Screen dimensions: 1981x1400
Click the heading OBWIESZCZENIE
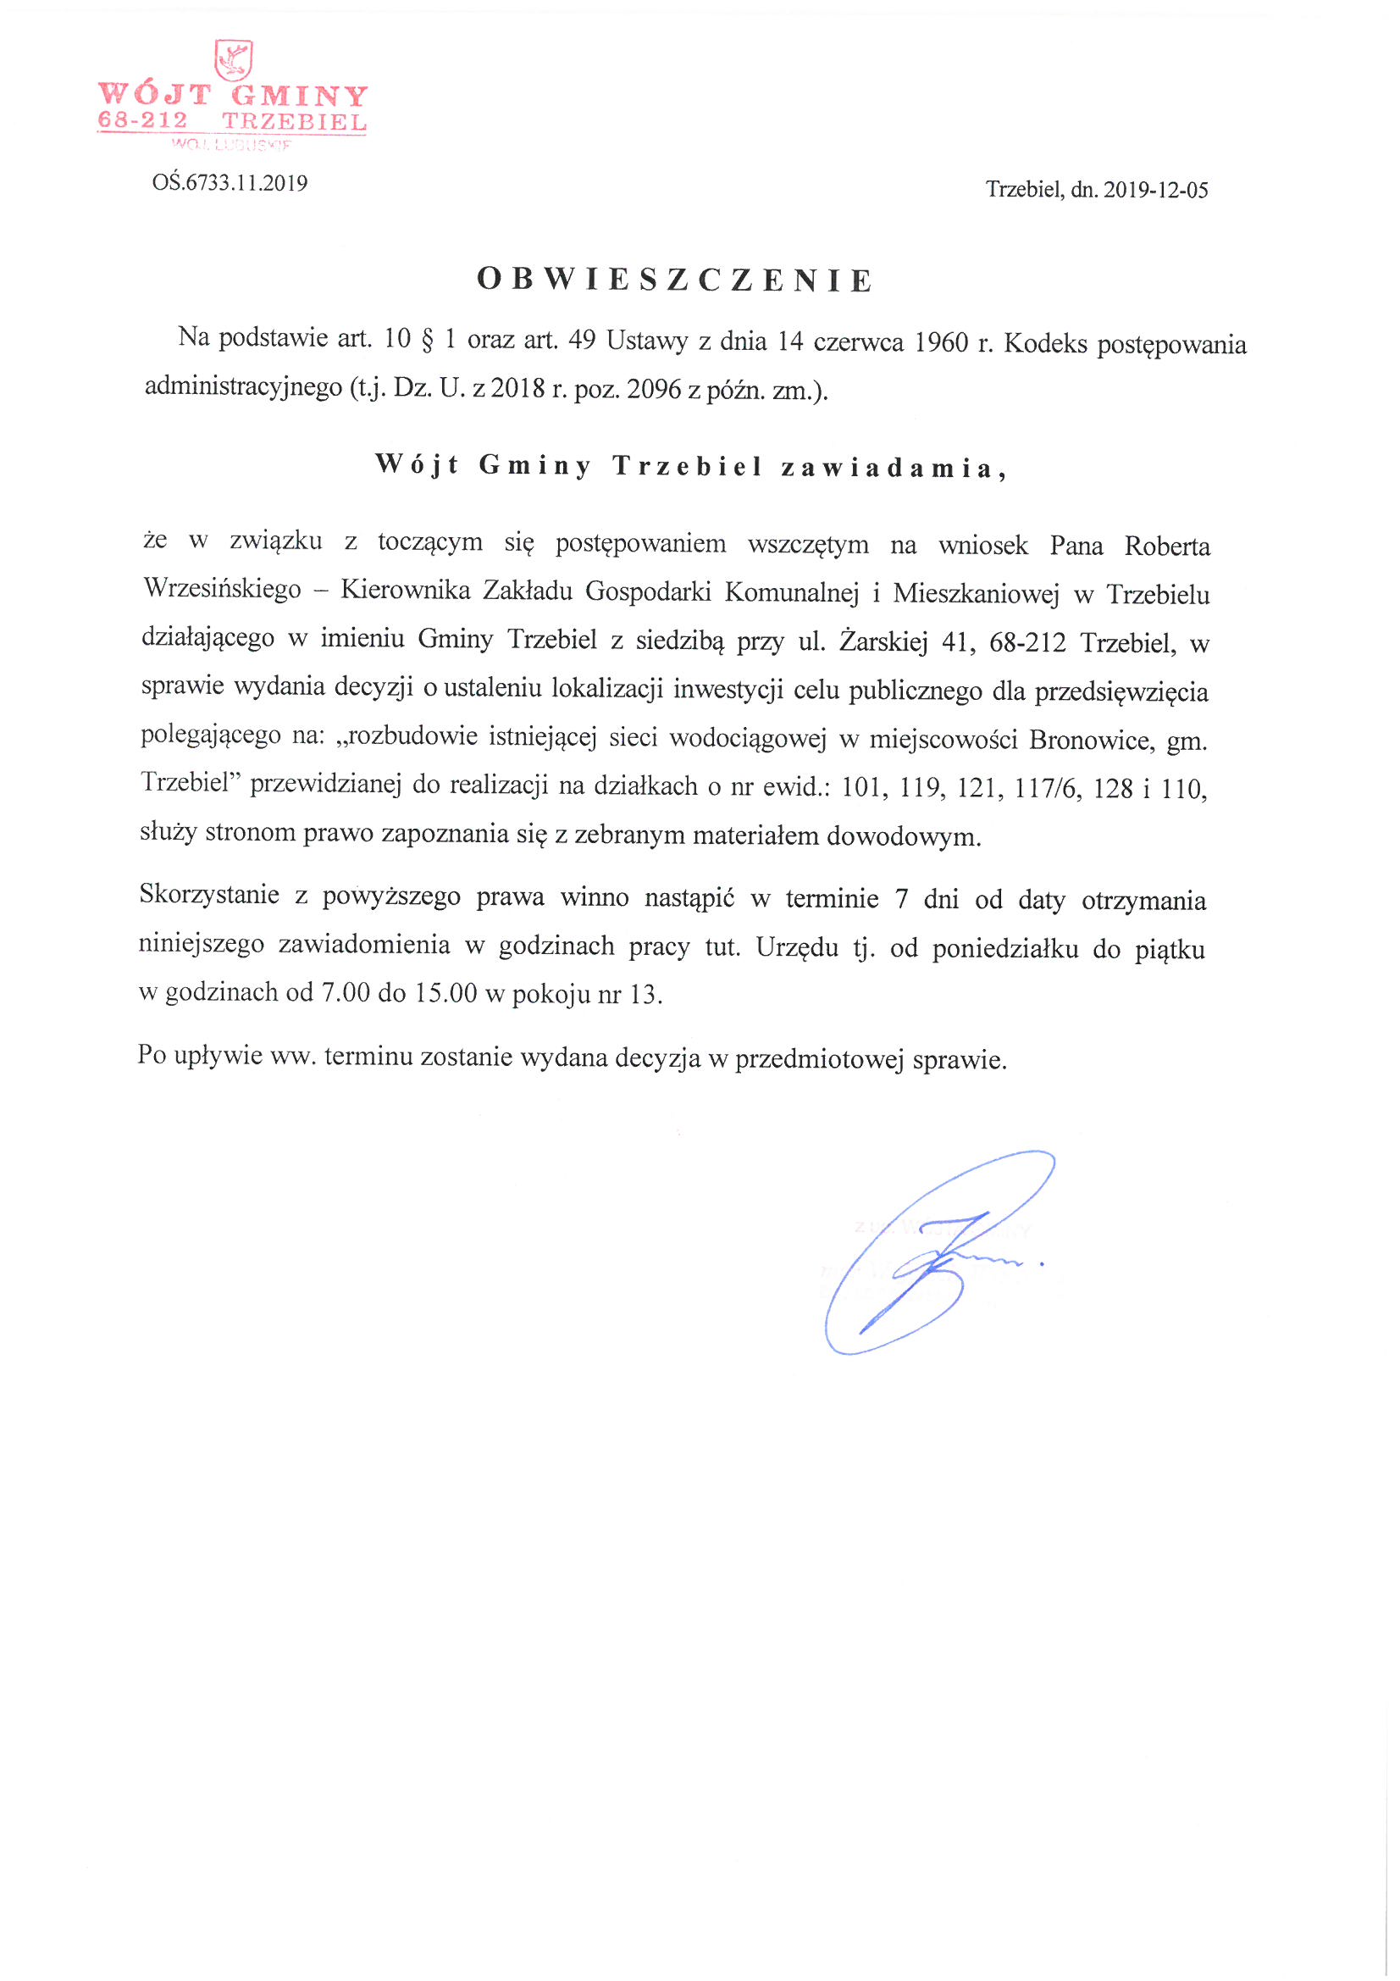click(675, 280)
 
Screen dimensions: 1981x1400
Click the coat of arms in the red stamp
click(233, 60)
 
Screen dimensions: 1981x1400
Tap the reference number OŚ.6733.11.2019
click(230, 183)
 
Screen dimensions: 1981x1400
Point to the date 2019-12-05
click(1156, 190)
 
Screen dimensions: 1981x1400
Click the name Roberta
click(1166, 547)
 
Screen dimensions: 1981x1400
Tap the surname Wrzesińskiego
click(223, 588)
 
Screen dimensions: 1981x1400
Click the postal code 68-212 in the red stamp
click(142, 121)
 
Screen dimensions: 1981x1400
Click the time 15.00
click(445, 993)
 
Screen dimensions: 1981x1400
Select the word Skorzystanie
click(208, 895)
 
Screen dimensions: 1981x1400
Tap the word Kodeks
click(1045, 343)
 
